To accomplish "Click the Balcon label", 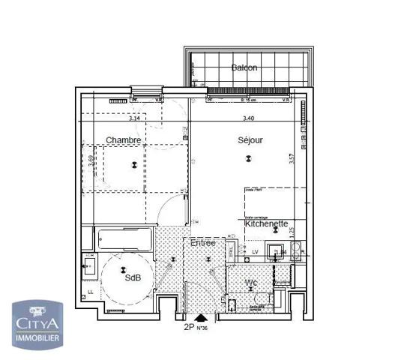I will tap(244, 67).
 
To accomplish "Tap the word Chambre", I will tap(123, 140).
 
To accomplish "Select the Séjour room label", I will tap(251, 140).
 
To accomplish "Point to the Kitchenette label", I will tap(266, 223).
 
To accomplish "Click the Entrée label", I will tap(202, 243).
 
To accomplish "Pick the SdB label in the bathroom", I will tap(133, 277).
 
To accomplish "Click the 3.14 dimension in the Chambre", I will tap(134, 118).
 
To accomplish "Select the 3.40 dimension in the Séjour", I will tap(248, 118).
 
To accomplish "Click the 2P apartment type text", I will tap(189, 327).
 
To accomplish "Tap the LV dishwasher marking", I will tap(255, 251).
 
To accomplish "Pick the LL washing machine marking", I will tap(90, 292).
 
